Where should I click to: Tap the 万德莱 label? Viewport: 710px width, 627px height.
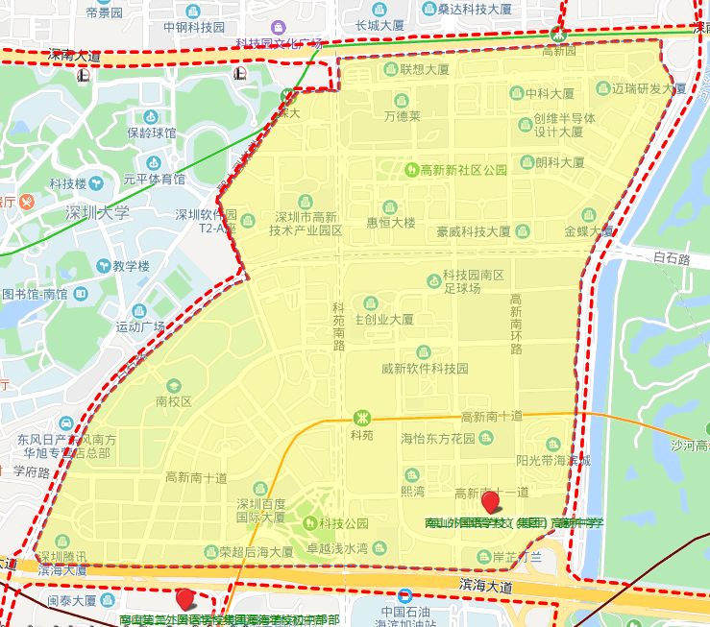coord(402,116)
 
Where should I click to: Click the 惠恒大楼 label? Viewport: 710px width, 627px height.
coord(390,222)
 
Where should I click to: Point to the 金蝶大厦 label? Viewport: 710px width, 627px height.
coord(588,231)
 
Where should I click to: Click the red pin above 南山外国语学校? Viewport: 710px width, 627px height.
coord(491,501)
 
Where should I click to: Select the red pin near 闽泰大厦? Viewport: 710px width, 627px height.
coord(184,598)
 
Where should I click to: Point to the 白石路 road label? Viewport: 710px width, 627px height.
coord(672,258)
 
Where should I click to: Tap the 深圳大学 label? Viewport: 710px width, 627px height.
coord(96,212)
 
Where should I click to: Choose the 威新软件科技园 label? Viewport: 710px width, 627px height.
coord(424,368)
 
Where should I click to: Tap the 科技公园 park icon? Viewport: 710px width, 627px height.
coord(310,522)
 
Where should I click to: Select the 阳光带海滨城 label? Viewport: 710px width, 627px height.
coord(552,460)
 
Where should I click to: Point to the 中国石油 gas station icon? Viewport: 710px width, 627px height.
coord(405,596)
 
